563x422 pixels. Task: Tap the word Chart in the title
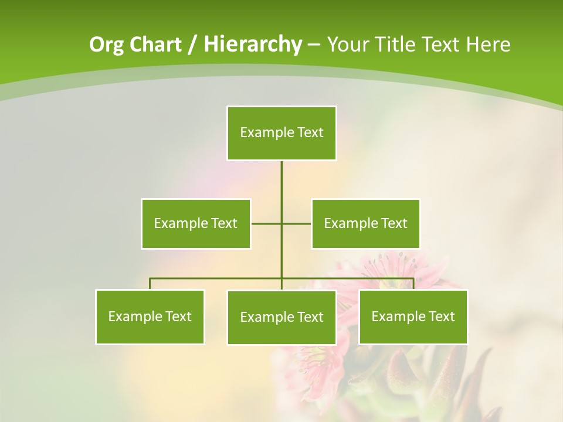153,45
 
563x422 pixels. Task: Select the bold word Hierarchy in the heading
253,45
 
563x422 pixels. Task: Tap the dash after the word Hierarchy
314,45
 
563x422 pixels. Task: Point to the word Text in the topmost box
310,132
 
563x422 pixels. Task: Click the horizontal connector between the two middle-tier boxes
267,223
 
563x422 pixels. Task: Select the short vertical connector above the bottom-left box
150,284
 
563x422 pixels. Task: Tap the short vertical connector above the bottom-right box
413,284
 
